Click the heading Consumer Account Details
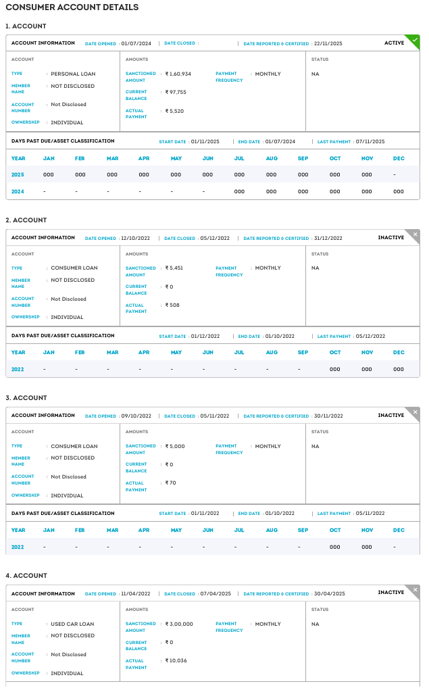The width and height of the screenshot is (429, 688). pyautogui.click(x=72, y=7)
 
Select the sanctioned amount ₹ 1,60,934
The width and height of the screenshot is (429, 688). pyautogui.click(x=178, y=74)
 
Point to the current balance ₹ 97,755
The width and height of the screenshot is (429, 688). pyautogui.click(x=176, y=92)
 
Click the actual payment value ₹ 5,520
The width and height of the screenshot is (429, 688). pyautogui.click(x=174, y=111)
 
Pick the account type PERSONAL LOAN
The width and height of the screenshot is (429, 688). pyautogui.click(x=73, y=74)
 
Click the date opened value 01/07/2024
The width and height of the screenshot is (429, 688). pyautogui.click(x=136, y=43)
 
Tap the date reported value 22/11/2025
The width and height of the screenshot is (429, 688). pyautogui.click(x=328, y=43)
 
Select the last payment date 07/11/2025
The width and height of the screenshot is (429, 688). pyautogui.click(x=370, y=142)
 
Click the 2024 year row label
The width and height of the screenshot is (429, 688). pyautogui.click(x=18, y=192)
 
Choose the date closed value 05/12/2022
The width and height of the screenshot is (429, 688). pyautogui.click(x=215, y=238)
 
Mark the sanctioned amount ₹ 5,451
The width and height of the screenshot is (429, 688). pyautogui.click(x=174, y=268)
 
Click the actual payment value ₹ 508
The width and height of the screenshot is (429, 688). pyautogui.click(x=172, y=305)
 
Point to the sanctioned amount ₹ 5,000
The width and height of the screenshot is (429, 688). pyautogui.click(x=175, y=446)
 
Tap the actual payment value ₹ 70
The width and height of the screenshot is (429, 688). pyautogui.click(x=170, y=483)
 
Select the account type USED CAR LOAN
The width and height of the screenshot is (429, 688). pyautogui.click(x=72, y=624)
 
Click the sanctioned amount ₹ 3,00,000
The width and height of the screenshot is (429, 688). pyautogui.click(x=179, y=624)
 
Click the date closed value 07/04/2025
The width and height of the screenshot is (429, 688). pyautogui.click(x=215, y=594)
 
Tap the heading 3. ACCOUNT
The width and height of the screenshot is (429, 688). pyautogui.click(x=26, y=398)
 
